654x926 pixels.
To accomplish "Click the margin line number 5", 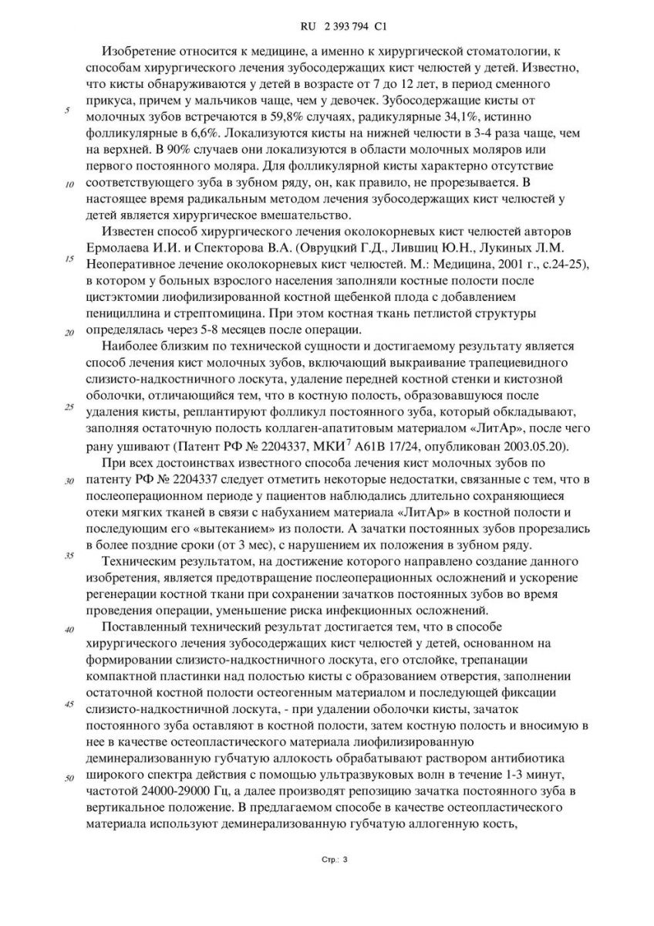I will [68, 111].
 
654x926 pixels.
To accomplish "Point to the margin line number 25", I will [68, 407].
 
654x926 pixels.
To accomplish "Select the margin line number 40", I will [69, 630].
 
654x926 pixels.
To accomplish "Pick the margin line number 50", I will [69, 778].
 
